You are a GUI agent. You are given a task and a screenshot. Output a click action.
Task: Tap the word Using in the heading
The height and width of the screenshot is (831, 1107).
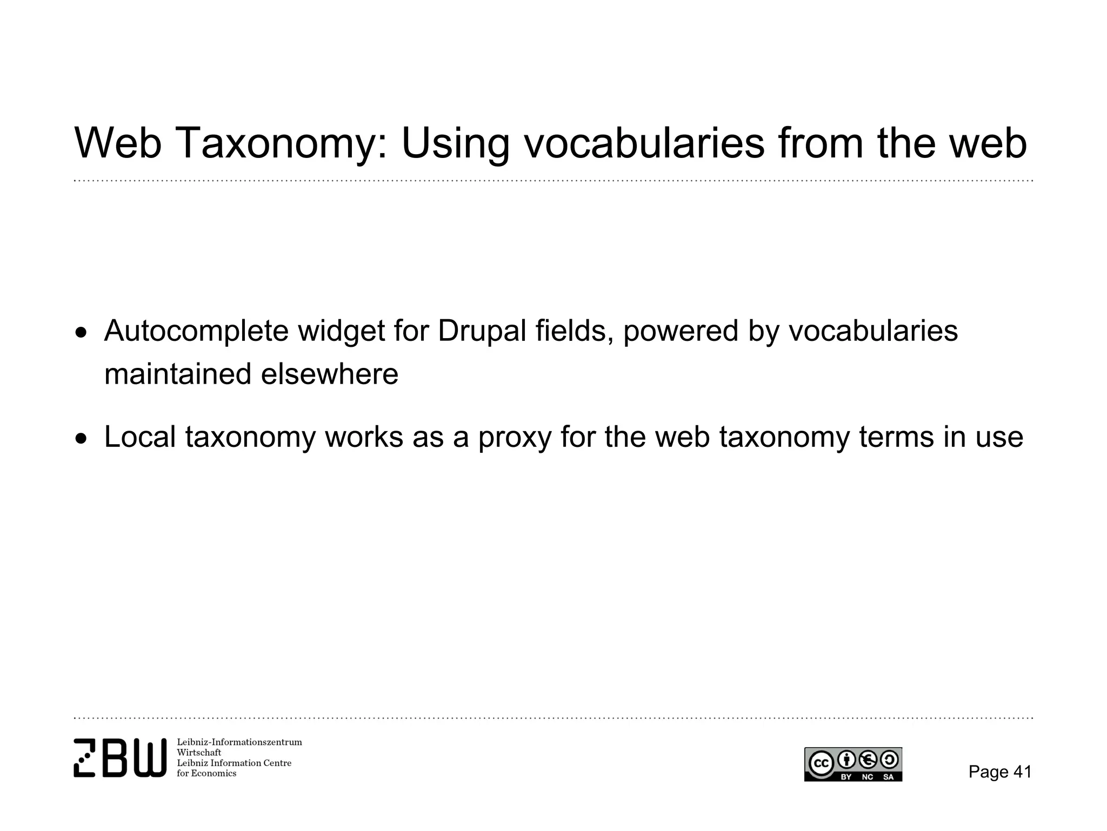pos(455,143)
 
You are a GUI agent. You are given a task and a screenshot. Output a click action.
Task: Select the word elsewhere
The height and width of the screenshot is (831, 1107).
pos(330,374)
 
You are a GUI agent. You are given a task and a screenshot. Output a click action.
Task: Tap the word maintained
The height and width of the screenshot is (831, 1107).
pos(178,374)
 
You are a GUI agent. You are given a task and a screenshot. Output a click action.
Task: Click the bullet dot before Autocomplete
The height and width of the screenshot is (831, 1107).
pos(81,332)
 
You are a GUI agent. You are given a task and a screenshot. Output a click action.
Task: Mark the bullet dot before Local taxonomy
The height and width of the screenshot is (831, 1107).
pos(81,438)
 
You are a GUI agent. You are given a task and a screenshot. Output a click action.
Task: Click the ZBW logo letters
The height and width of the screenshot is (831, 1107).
pos(120,757)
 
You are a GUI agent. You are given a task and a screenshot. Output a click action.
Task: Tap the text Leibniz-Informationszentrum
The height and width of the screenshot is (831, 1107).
pos(239,742)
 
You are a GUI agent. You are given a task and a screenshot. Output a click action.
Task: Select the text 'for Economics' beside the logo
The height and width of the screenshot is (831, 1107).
pos(206,774)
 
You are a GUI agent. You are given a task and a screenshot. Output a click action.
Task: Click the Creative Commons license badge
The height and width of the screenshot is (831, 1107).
pos(853,764)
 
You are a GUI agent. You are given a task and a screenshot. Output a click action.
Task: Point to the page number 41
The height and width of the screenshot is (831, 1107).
pos(1022,771)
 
